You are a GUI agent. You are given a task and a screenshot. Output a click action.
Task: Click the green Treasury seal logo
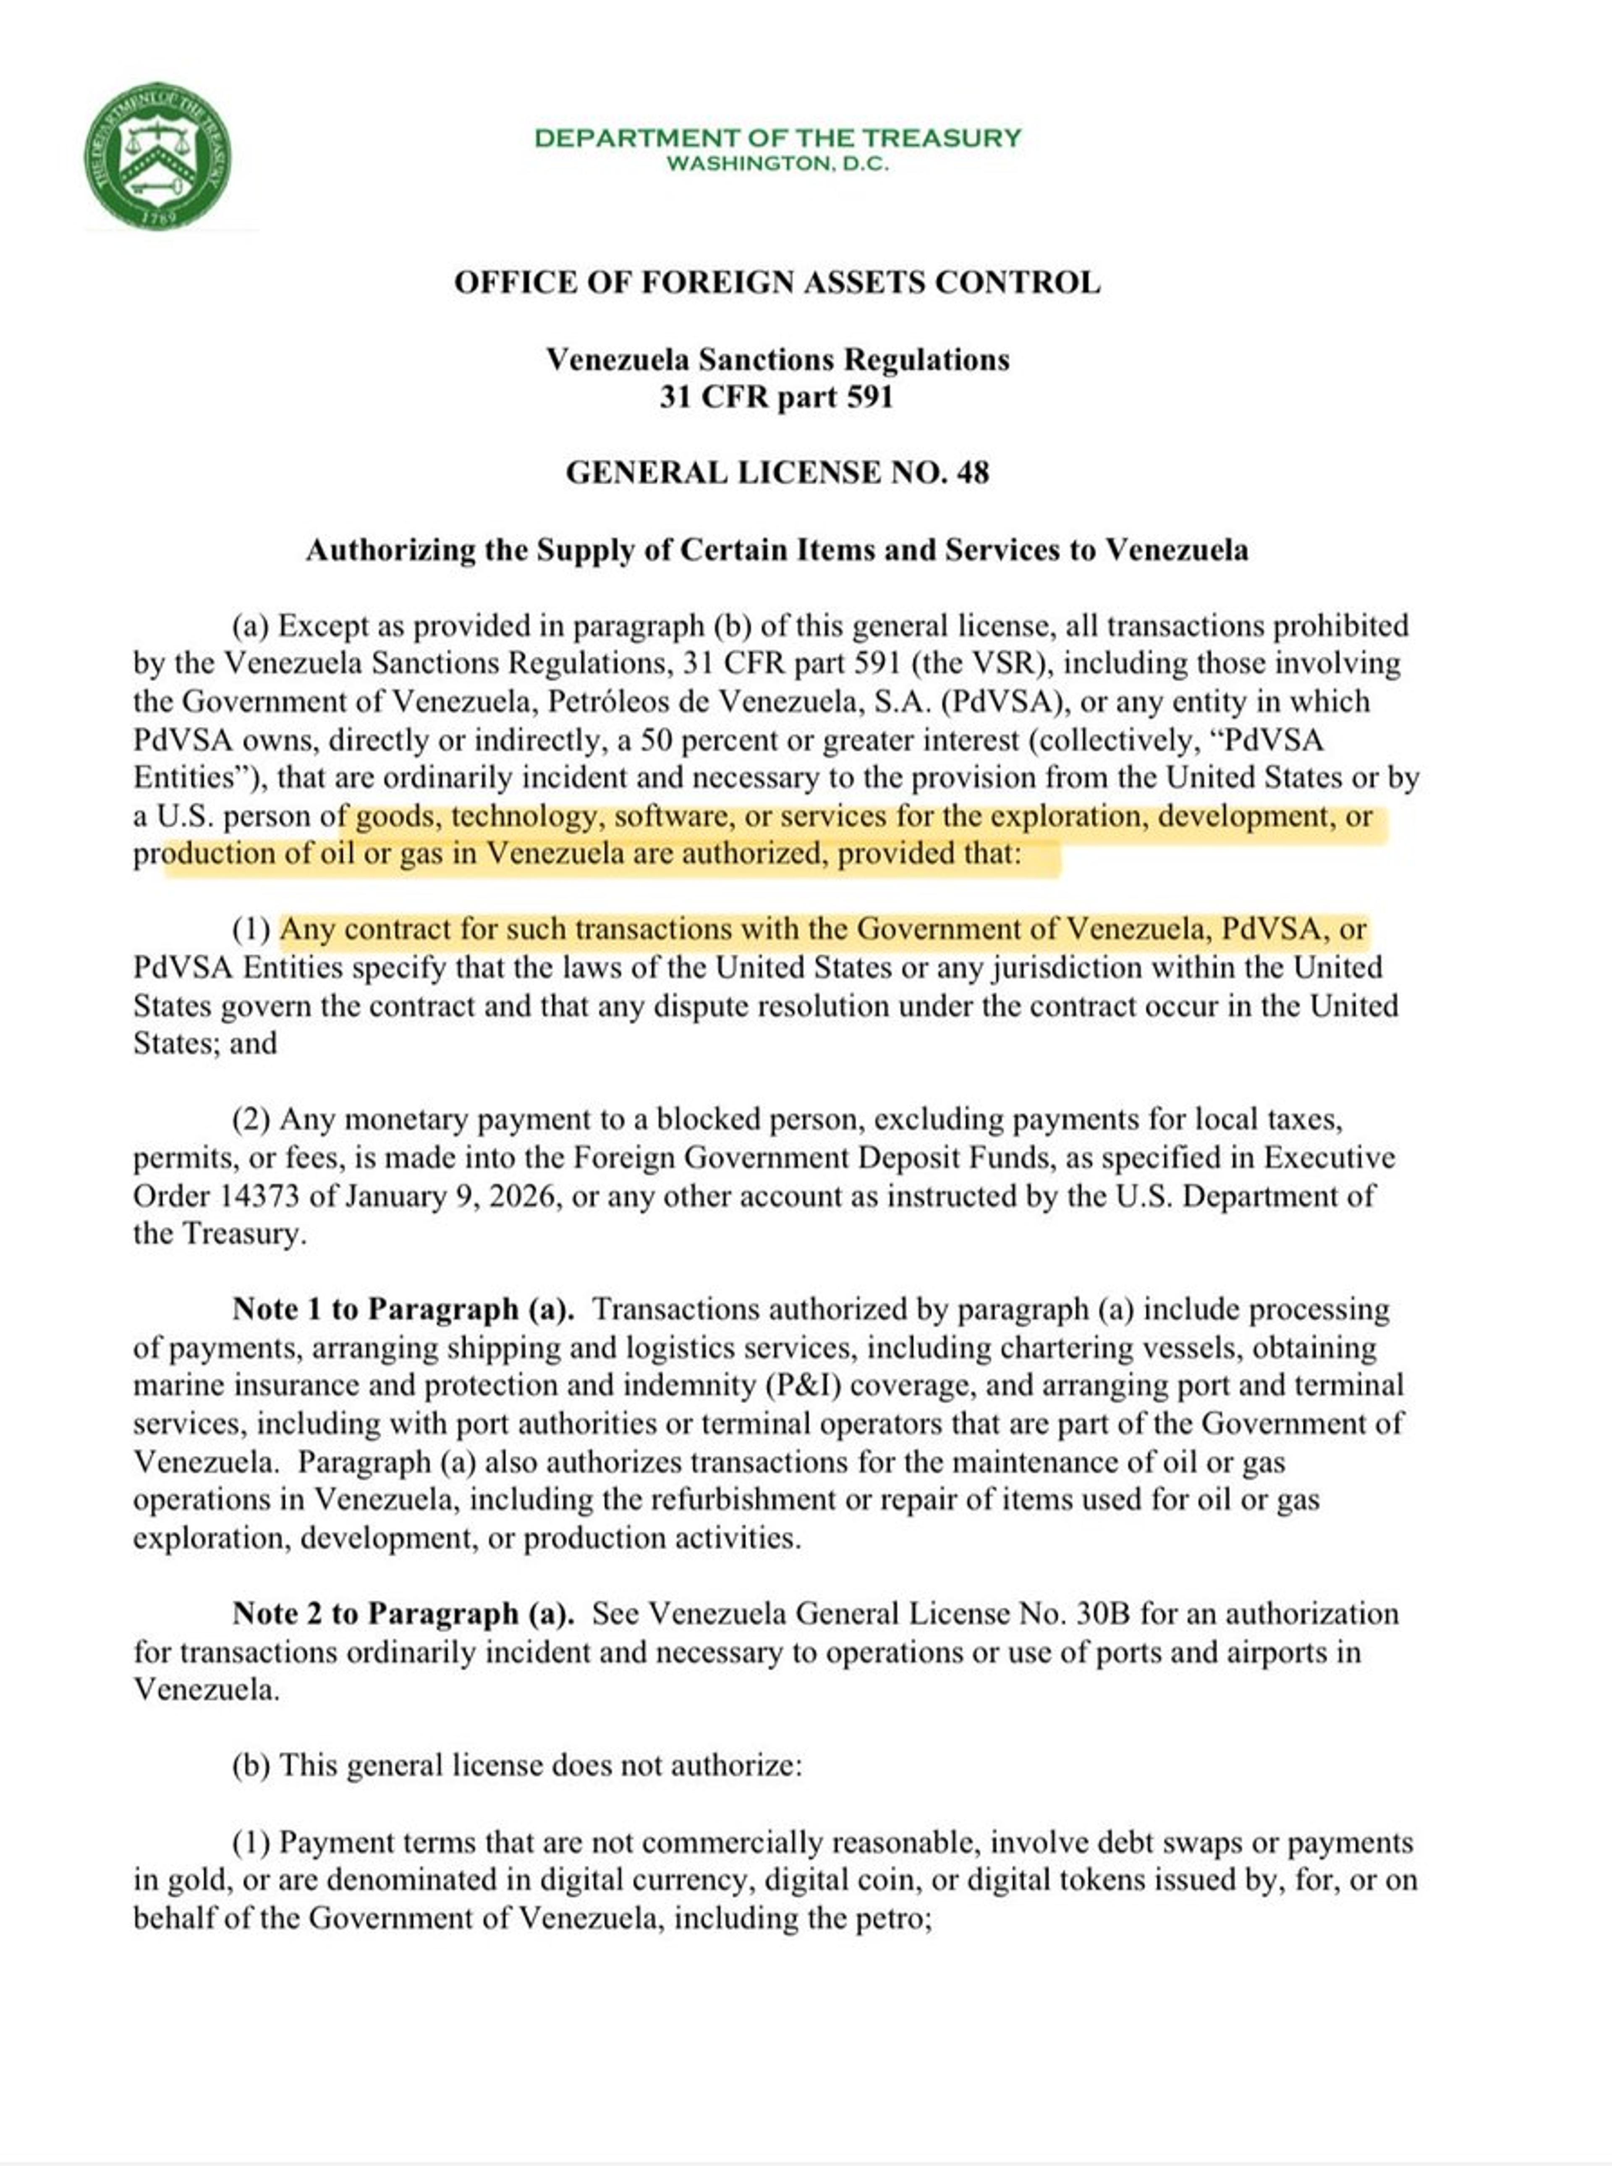tap(158, 156)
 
